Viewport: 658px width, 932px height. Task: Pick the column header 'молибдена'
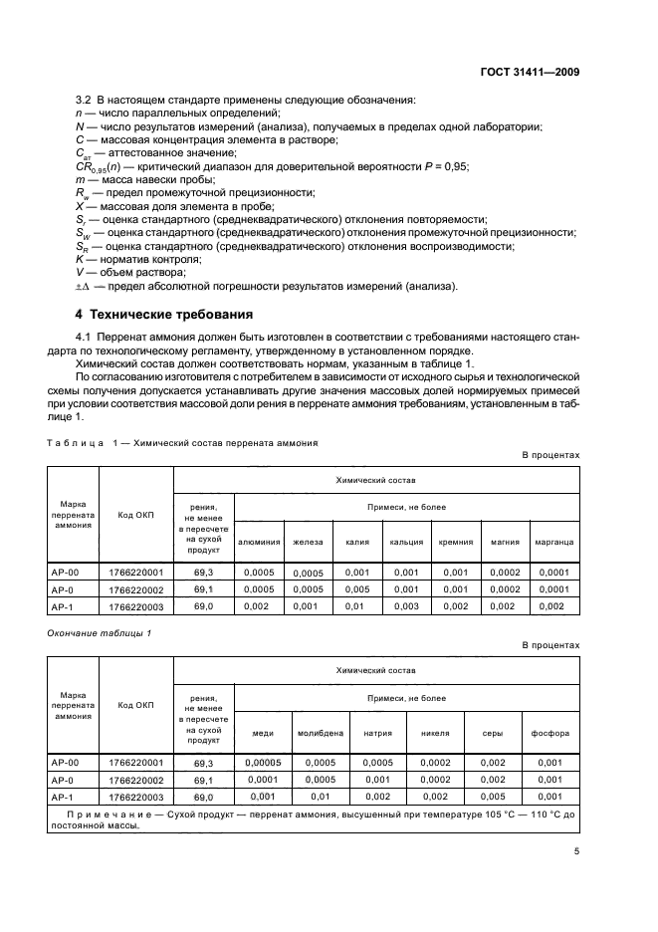pos(321,733)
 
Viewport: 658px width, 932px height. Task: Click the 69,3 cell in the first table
pos(204,573)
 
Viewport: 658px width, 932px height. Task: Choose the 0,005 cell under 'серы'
pos(493,796)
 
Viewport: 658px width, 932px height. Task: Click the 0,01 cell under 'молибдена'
pos(321,796)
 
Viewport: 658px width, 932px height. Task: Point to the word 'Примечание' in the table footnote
pos(103,814)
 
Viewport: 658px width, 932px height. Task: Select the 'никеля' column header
pos(436,733)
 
